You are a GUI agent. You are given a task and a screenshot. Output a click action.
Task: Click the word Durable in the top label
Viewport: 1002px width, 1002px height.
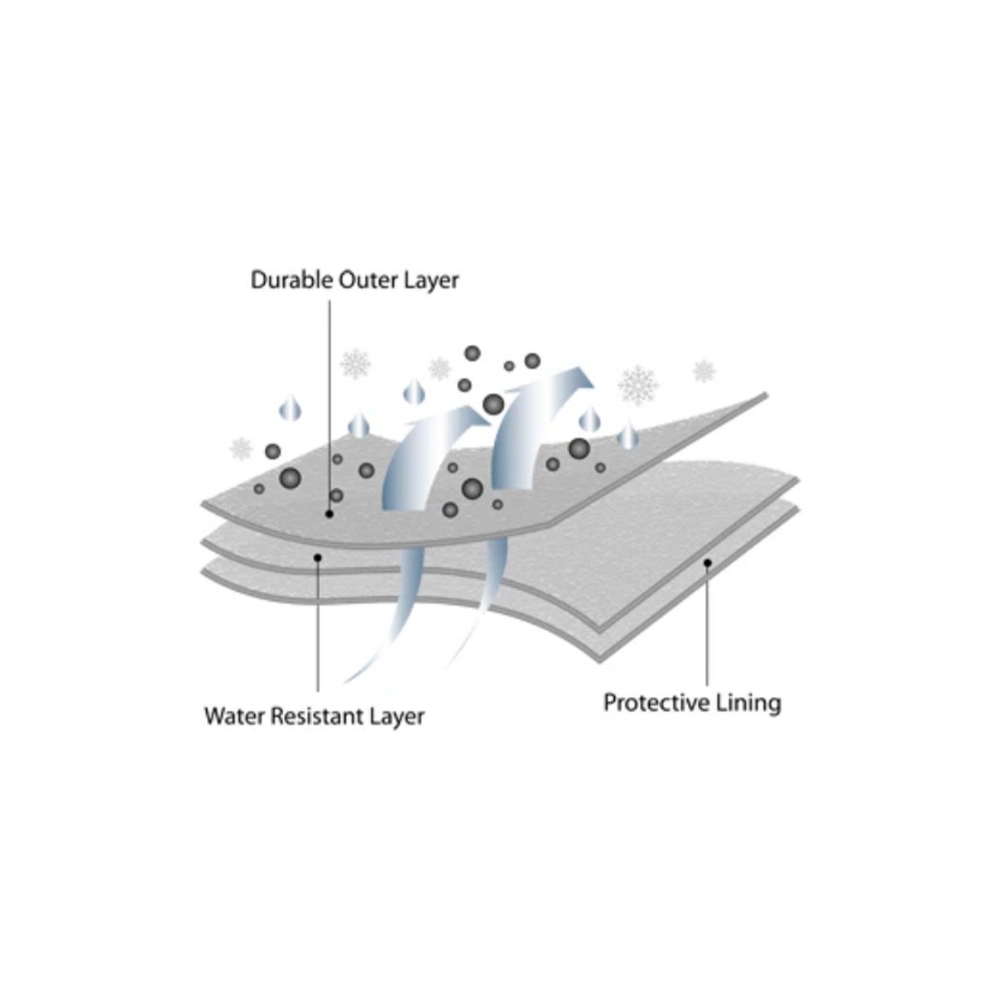[x=292, y=280]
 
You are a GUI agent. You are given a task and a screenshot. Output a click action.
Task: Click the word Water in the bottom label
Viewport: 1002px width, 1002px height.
[x=235, y=716]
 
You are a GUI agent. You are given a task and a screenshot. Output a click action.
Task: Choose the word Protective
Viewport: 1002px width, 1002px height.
[x=657, y=703]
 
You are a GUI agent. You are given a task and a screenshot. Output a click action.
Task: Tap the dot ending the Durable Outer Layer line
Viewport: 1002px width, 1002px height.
[x=329, y=514]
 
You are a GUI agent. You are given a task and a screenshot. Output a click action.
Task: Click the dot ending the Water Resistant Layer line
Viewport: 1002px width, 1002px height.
[x=318, y=558]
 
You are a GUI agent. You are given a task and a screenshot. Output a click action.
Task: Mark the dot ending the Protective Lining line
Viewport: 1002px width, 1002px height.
[x=707, y=563]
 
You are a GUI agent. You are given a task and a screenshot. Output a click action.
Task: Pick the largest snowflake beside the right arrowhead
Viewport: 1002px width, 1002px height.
[x=638, y=386]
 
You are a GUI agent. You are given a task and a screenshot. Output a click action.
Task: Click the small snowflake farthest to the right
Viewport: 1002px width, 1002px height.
[x=704, y=371]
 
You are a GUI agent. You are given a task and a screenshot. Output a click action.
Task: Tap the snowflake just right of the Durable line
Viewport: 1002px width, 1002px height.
[x=356, y=364]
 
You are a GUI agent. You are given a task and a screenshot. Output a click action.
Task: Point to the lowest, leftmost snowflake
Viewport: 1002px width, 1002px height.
[x=241, y=449]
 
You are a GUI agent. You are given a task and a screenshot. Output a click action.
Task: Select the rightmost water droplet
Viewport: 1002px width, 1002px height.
[x=628, y=436]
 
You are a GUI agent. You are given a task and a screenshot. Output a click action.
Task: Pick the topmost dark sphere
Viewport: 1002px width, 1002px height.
[x=472, y=353]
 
